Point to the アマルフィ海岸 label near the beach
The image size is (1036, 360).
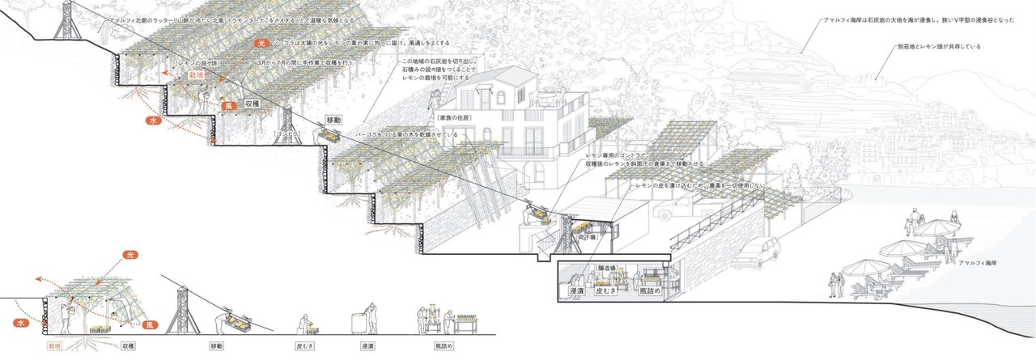pyautogui.click(x=978, y=265)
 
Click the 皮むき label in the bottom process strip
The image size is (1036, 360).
pyautogui.click(x=304, y=345)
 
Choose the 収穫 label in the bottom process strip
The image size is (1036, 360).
pyautogui.click(x=128, y=345)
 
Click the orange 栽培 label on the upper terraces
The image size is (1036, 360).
pyautogui.click(x=196, y=75)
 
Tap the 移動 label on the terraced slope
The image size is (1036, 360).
pyautogui.click(x=334, y=120)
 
